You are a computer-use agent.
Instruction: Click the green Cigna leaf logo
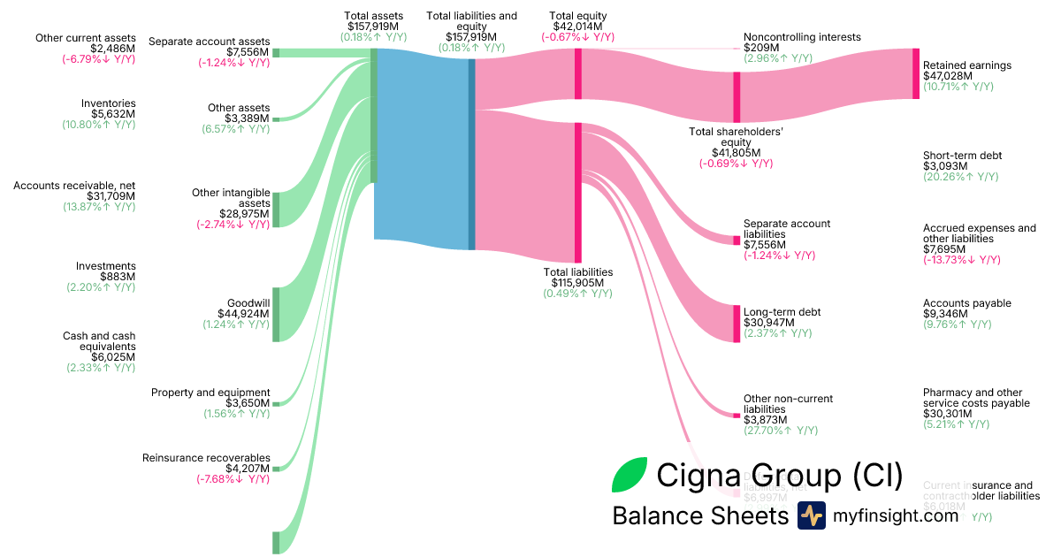630,476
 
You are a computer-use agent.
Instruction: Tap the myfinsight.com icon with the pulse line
811,515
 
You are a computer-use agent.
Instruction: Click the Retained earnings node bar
916,73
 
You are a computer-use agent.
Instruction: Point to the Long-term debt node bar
737,323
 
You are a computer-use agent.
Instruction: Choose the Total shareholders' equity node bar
737,96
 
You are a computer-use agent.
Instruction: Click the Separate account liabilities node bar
737,240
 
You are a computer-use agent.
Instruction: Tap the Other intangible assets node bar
276,209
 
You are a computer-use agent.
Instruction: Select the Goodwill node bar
276,313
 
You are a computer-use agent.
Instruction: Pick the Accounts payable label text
966,303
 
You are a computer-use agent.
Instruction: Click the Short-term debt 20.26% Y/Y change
960,177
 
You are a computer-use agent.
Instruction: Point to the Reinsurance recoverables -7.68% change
233,479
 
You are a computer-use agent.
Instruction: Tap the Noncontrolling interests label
802,37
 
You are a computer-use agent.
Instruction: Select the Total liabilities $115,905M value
577,283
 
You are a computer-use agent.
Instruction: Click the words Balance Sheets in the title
699,515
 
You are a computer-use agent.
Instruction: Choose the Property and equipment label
210,393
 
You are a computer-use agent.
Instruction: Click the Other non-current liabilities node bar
737,415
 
